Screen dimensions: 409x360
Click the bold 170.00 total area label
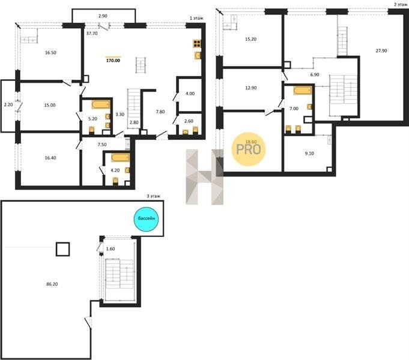(113, 61)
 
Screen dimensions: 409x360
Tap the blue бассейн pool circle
(147, 219)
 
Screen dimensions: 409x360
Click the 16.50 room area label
(50, 52)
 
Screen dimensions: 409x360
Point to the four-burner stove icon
(197, 44)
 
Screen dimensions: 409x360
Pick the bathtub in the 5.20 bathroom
(101, 104)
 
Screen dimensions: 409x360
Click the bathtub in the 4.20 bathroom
(120, 158)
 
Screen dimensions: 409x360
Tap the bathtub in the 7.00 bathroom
(303, 90)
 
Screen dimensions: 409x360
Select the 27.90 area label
(381, 50)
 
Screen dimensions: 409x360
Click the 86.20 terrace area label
(52, 284)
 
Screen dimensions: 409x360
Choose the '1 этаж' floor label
(196, 18)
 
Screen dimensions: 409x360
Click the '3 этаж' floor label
(153, 196)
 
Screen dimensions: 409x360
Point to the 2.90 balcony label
(103, 16)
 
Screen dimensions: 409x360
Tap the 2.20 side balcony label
(8, 105)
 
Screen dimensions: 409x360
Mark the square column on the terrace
(63, 249)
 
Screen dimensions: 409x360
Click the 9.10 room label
(309, 153)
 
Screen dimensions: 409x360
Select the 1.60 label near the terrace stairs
(111, 248)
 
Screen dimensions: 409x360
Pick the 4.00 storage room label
(190, 94)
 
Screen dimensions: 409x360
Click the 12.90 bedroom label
(250, 88)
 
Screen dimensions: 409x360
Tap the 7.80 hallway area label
(160, 112)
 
